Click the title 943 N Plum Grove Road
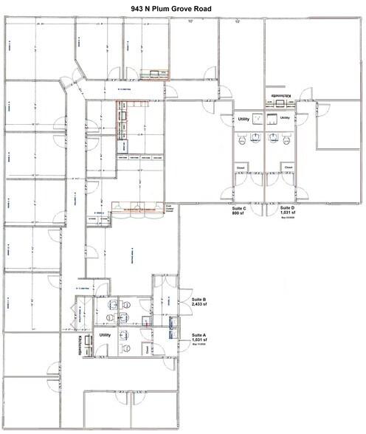tap(182, 7)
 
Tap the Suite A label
tap(200, 334)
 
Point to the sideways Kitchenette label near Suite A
tap(80, 342)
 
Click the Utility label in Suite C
tap(243, 118)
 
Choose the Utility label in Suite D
tap(284, 118)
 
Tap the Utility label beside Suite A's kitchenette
tap(105, 334)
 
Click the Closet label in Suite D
tap(289, 168)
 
